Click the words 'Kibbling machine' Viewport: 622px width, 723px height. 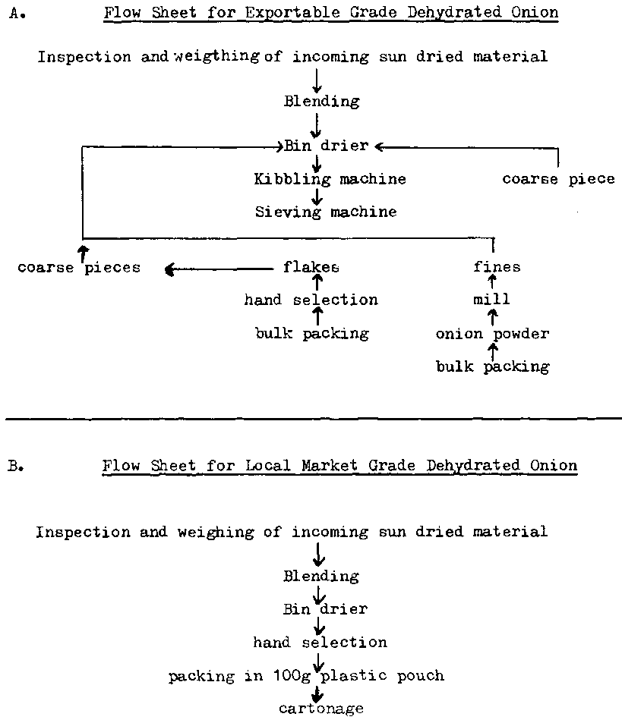(330, 180)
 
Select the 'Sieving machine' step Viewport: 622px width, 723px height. (325, 212)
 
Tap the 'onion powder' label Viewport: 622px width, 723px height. (492, 334)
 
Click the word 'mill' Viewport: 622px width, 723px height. (491, 300)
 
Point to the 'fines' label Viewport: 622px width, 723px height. (497, 267)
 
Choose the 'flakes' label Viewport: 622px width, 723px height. (311, 267)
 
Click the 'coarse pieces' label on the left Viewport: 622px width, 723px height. (79, 268)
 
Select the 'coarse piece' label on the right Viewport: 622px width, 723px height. (558, 180)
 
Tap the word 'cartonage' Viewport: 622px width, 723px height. (320, 709)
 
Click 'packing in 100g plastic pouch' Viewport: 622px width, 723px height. (306, 675)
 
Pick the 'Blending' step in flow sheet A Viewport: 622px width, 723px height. (321, 102)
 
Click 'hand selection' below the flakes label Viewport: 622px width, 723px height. (311, 300)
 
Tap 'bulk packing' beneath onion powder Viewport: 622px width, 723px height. (492, 367)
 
